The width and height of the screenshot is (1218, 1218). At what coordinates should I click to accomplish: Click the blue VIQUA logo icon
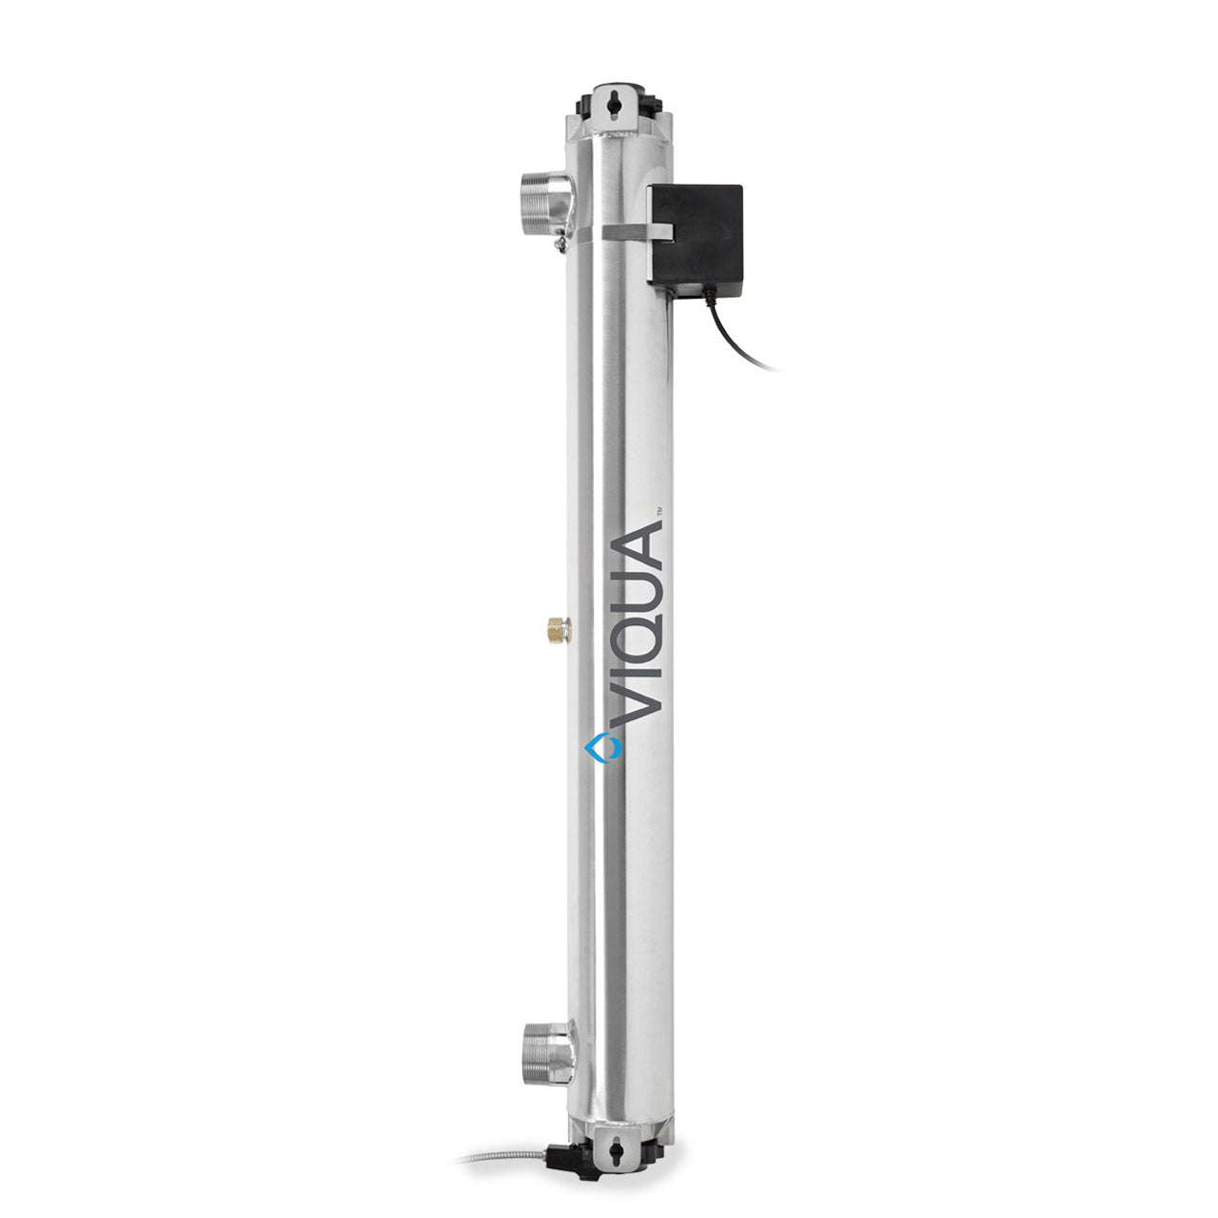click(602, 747)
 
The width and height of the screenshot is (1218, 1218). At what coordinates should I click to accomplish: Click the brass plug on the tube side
click(560, 629)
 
